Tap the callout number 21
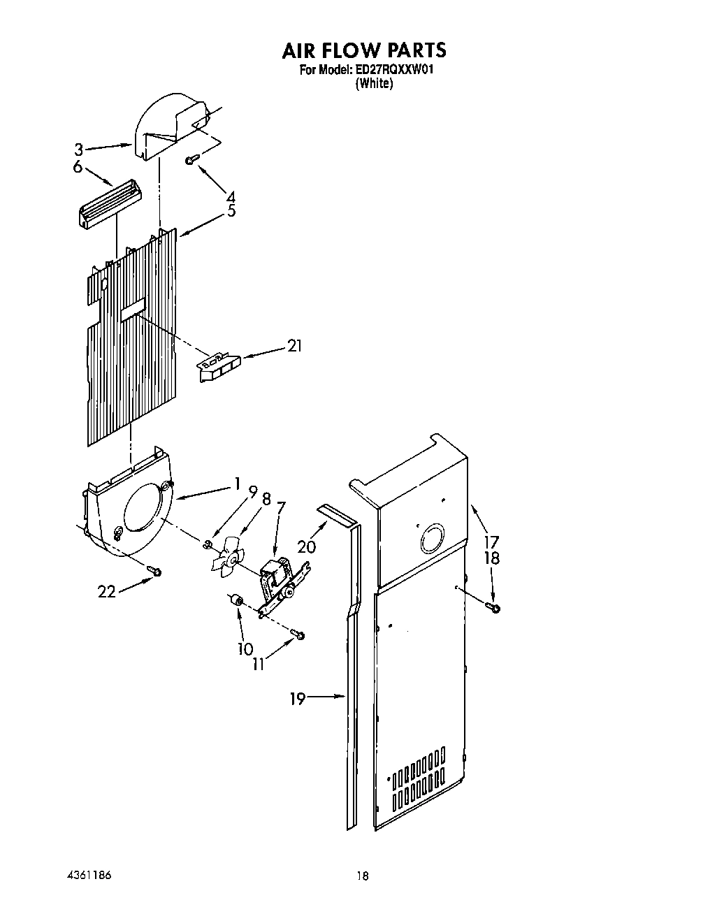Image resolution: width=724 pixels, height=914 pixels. coord(295,346)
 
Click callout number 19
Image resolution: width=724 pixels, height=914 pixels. coord(298,698)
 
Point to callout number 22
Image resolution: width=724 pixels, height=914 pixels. coord(106,591)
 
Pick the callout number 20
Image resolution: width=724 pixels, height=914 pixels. coord(307,546)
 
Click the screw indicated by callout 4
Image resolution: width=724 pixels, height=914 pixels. coord(189,161)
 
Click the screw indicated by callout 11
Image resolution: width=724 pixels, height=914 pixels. coord(300,634)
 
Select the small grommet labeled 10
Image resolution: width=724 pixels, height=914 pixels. coord(236,601)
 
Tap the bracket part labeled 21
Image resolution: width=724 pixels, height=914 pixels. coord(218,366)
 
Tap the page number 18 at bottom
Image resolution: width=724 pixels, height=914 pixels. coord(361,876)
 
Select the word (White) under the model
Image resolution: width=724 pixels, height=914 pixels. coord(374,83)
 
